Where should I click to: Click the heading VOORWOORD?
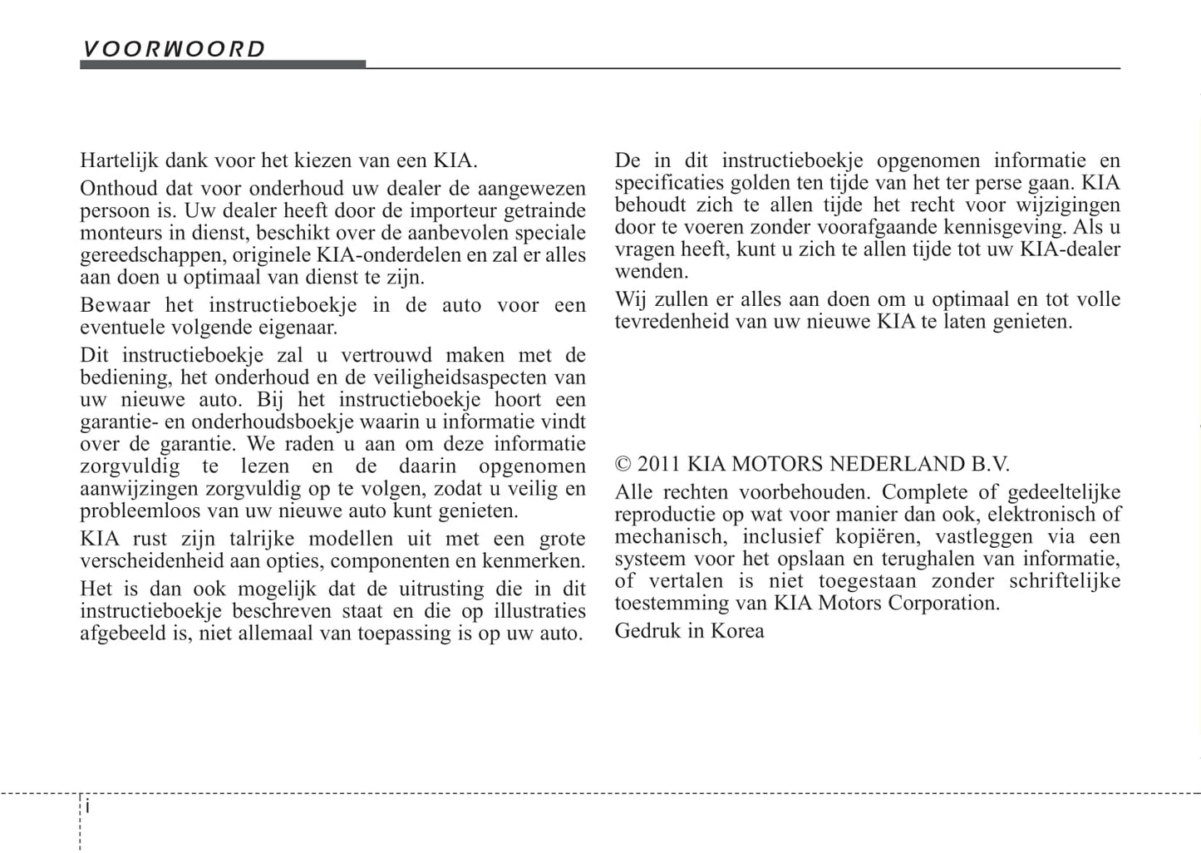point(173,49)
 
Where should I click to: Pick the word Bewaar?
point(116,305)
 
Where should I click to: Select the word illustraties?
point(539,611)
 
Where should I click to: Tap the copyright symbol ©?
point(623,464)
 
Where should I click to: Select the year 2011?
point(659,464)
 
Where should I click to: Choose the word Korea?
point(737,631)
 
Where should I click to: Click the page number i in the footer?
point(88,807)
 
